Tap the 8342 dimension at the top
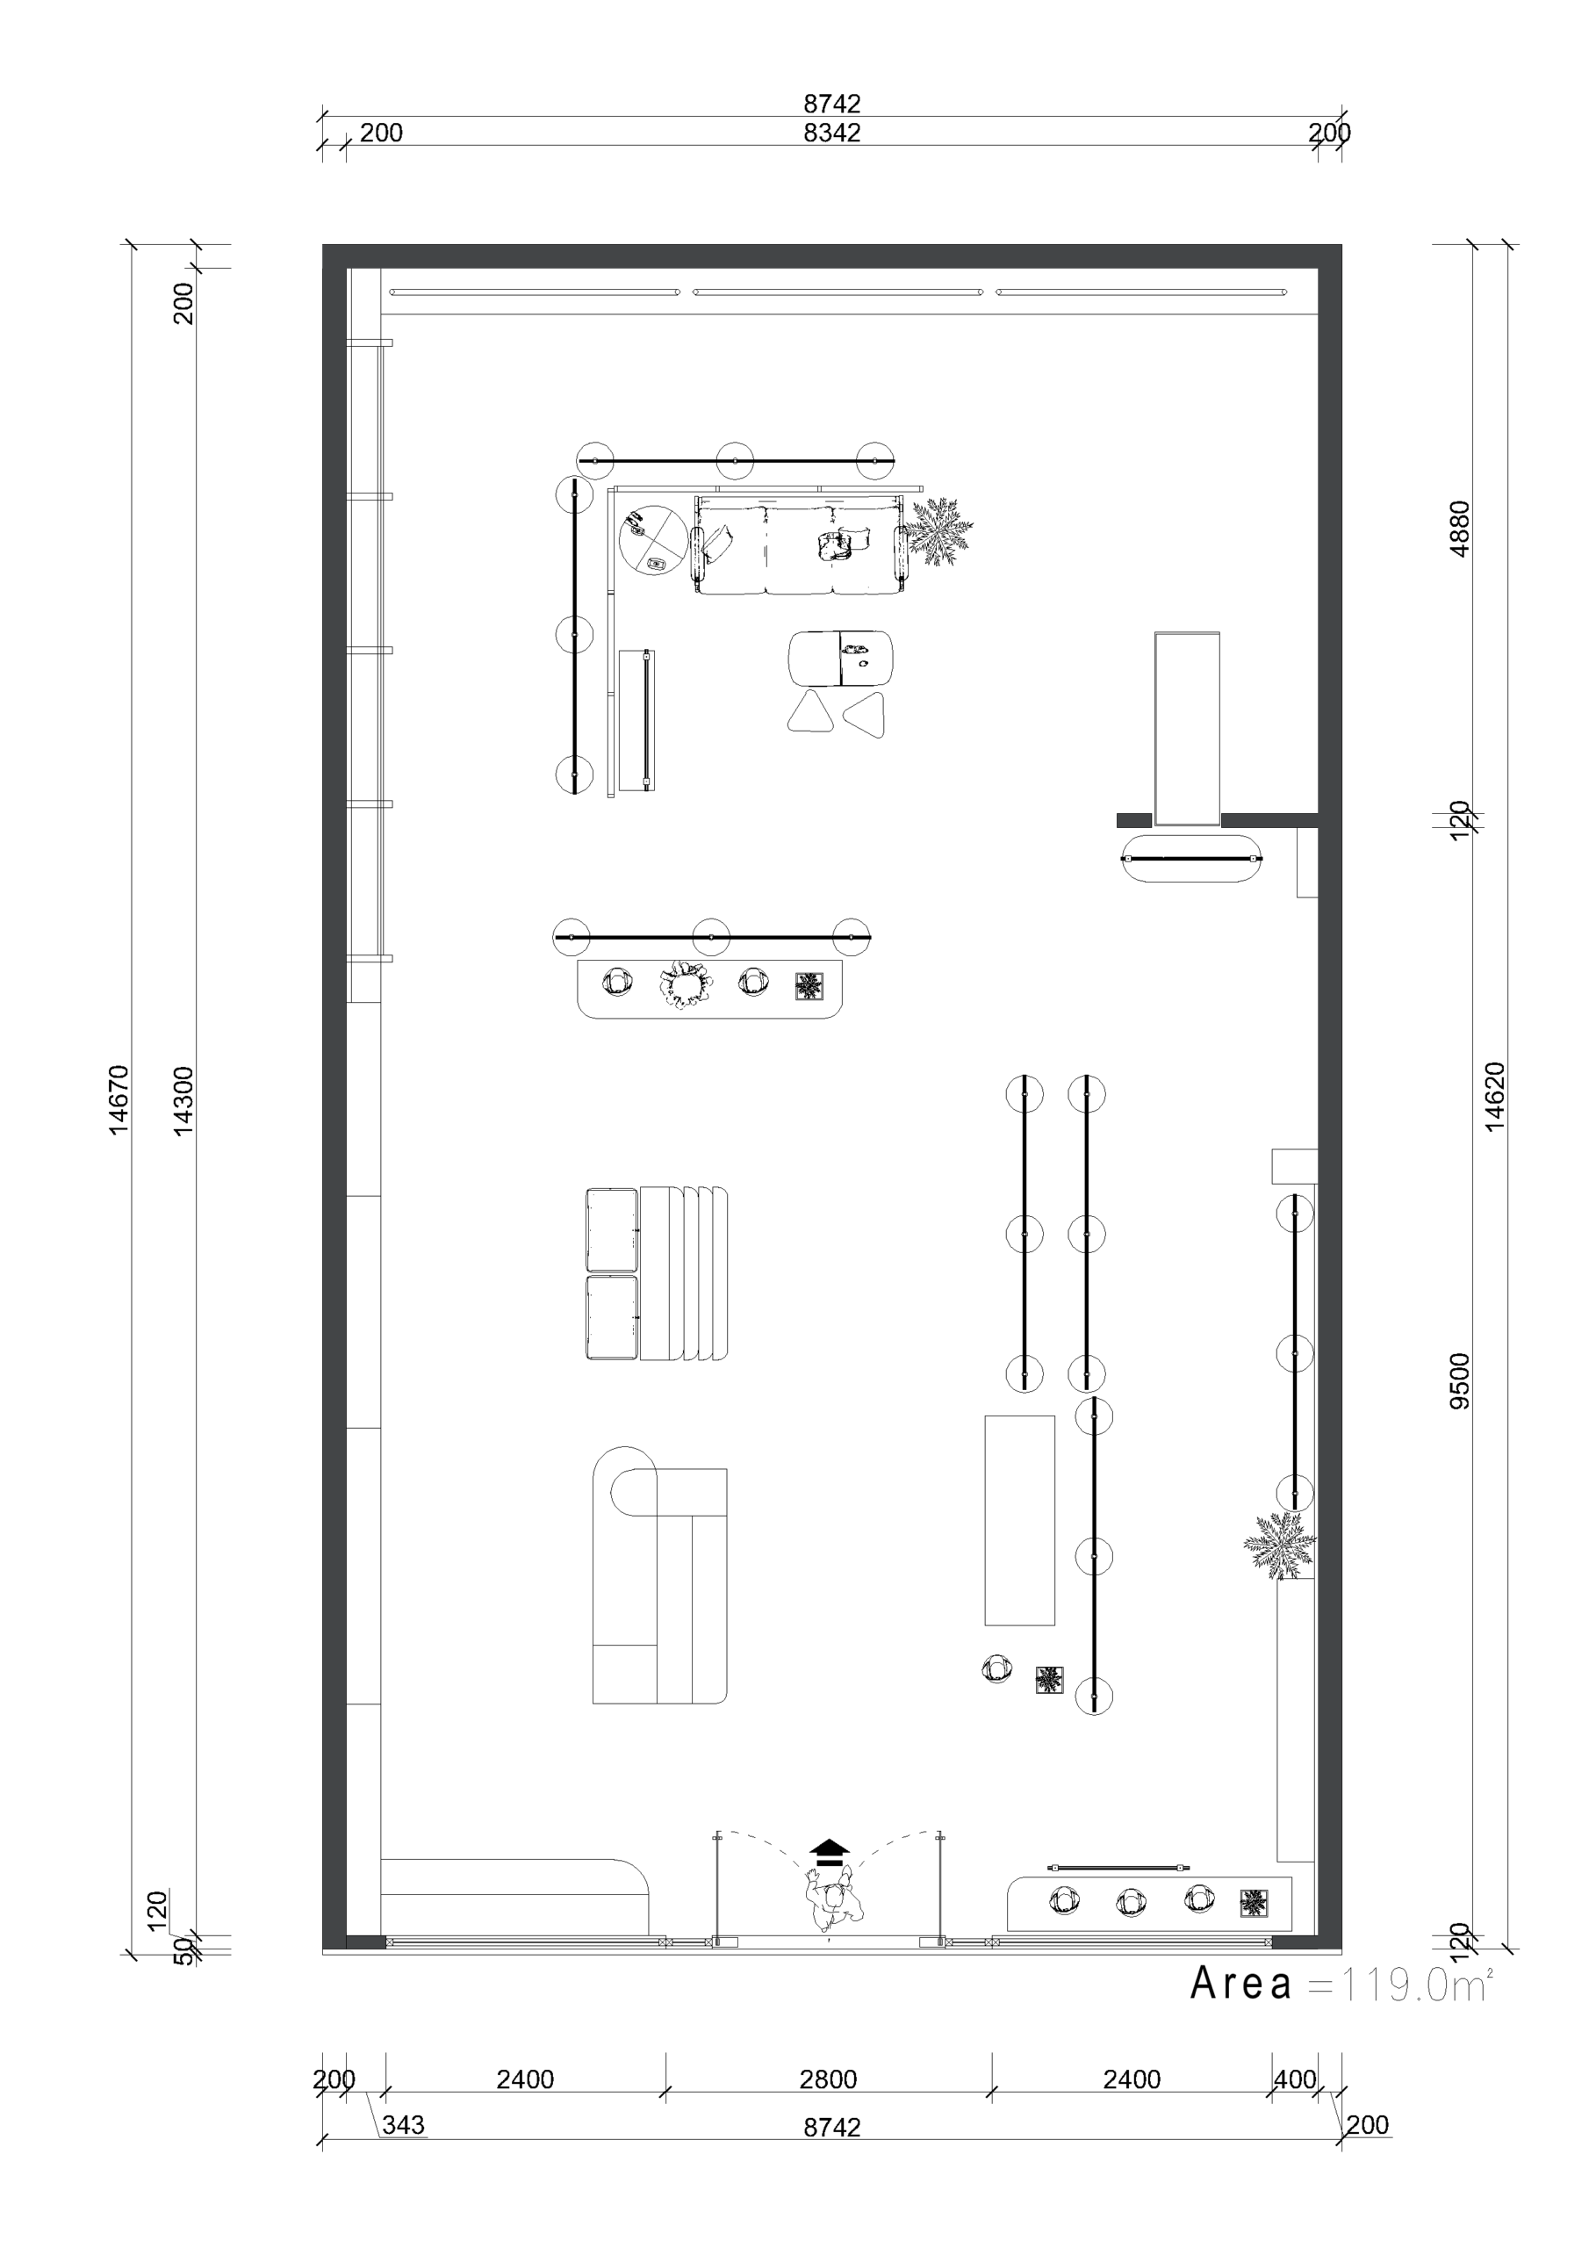point(832,133)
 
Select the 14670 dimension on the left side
point(118,1100)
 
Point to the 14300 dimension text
point(183,1100)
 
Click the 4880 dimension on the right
point(1459,529)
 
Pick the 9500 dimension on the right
point(1459,1381)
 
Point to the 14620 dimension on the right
point(1494,1097)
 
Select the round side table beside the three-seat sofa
point(653,540)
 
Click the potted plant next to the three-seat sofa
point(938,531)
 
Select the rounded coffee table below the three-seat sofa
point(841,658)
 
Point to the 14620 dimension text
point(1494,1097)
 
